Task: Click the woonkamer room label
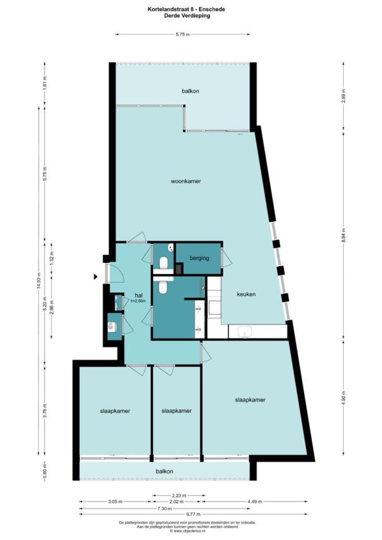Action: click(186, 181)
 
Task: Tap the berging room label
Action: click(199, 258)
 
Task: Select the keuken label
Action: click(246, 295)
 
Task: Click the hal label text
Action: click(139, 295)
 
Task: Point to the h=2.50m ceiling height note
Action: click(138, 301)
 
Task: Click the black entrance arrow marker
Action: click(96, 276)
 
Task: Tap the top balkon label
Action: click(190, 91)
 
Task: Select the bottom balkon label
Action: click(164, 471)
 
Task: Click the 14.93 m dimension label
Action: click(39, 282)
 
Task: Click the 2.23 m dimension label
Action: click(179, 496)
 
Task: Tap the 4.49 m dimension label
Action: click(255, 501)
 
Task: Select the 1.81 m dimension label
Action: click(45, 83)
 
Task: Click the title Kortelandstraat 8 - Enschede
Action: click(186, 9)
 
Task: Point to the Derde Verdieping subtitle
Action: click(187, 16)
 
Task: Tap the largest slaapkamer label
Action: click(250, 400)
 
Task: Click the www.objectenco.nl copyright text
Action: click(187, 531)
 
